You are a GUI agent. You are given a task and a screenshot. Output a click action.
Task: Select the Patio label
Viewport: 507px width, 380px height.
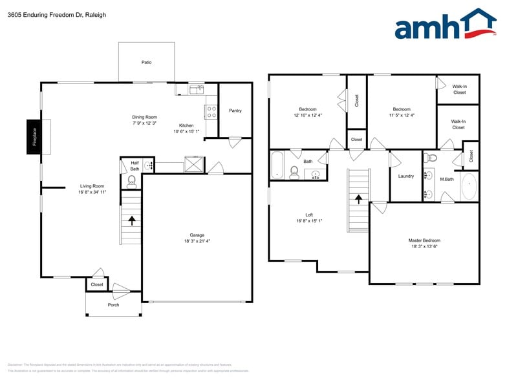pyautogui.click(x=147, y=63)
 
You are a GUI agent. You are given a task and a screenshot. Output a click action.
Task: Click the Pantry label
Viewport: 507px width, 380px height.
pyautogui.click(x=235, y=111)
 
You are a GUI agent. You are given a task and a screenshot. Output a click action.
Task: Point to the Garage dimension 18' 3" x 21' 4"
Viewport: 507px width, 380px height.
pyautogui.click(x=197, y=241)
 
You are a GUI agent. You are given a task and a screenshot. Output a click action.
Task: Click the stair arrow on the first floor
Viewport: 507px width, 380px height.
pyautogui.click(x=132, y=220)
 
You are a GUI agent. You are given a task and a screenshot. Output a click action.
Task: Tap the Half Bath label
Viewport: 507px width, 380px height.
pyautogui.click(x=135, y=165)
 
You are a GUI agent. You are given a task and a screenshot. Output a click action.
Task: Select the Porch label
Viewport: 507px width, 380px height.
pyautogui.click(x=113, y=304)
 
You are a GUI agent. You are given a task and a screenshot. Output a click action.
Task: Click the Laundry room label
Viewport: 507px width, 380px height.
pyautogui.click(x=406, y=176)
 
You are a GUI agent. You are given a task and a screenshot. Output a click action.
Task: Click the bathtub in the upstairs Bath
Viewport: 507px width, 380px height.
pyautogui.click(x=277, y=165)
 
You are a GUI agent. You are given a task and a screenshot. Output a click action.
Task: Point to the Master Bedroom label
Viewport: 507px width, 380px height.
pyautogui.click(x=424, y=240)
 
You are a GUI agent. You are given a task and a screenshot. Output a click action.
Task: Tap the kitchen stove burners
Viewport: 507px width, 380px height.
pyautogui.click(x=211, y=112)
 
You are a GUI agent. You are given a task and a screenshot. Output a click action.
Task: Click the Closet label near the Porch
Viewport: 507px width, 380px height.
pyautogui.click(x=97, y=284)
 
